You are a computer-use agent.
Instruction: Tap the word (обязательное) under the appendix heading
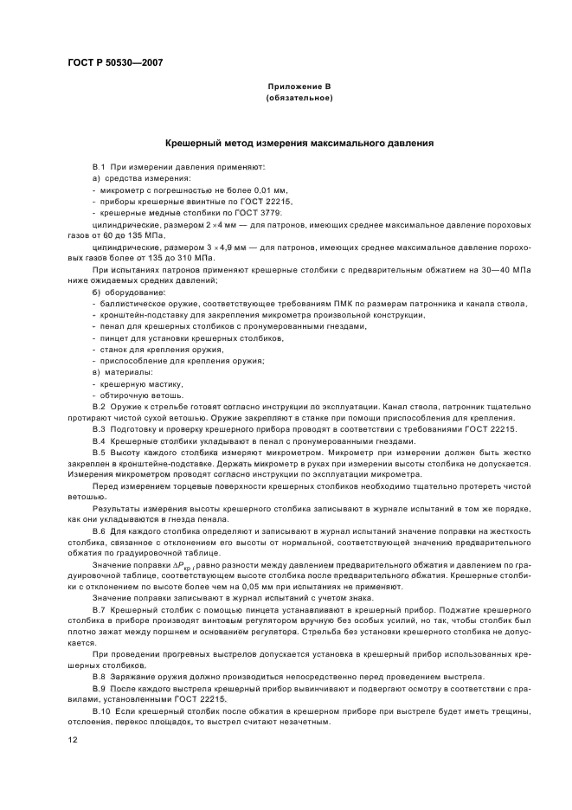coord(299,99)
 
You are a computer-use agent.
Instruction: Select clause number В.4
coord(99,440)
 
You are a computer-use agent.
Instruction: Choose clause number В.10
coord(100,711)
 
